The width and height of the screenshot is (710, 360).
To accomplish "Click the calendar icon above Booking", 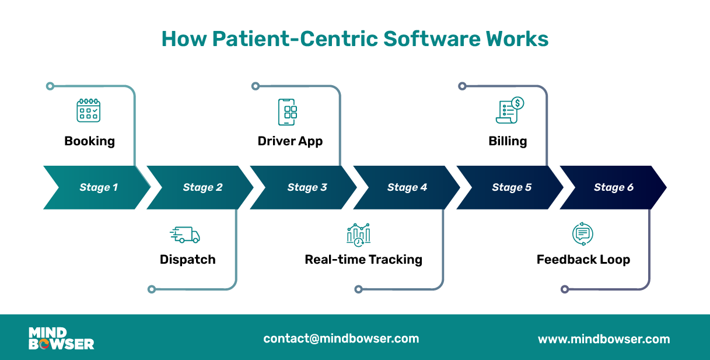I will (89, 110).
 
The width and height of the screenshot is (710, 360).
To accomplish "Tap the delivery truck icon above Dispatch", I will (185, 235).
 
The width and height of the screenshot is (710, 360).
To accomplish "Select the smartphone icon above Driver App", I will (287, 111).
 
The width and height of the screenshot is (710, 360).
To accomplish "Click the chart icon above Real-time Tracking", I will (359, 235).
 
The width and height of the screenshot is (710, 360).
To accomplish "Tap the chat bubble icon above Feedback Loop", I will (582, 234).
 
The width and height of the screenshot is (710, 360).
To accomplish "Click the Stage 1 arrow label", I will (99, 187).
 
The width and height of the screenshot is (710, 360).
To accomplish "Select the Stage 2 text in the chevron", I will (202, 187).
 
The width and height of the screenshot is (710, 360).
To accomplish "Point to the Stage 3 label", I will (307, 187).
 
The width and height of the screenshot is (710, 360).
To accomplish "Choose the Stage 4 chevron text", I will (407, 187).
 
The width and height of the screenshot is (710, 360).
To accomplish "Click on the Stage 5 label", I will (512, 187).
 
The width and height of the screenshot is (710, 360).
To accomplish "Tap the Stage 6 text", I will (614, 187).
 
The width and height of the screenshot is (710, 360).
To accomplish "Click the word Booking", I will (89, 141).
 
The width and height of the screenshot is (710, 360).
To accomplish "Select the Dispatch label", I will (188, 260).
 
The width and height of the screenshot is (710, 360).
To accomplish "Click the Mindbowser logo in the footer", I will (61, 338).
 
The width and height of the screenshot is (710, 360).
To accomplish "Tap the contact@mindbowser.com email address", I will (341, 338).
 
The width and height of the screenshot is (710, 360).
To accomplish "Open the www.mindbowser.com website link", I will (604, 339).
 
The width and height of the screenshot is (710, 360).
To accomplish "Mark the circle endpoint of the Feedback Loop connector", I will (564, 289).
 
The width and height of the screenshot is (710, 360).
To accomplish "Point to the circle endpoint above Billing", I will (462, 86).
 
